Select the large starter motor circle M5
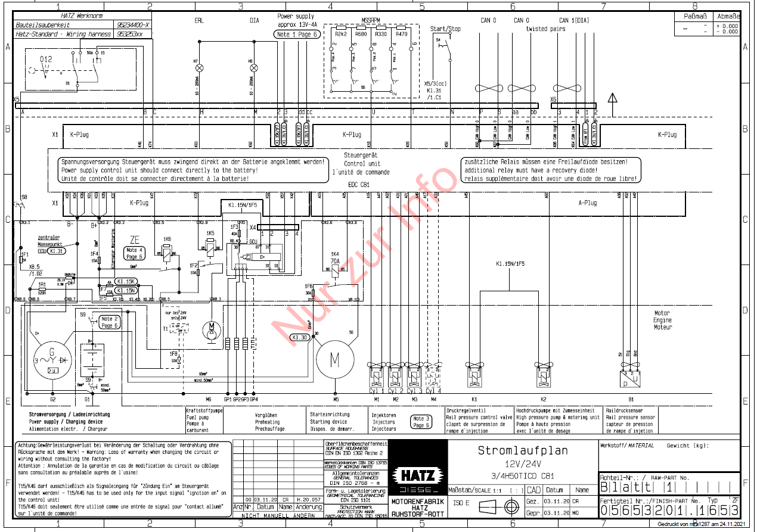tap(335, 359)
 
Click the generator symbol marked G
tap(52, 360)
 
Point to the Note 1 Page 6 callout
tap(296, 35)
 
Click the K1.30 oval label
tap(300, 338)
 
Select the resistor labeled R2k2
tap(342, 35)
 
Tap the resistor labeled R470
tap(401, 35)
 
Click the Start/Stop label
tap(445, 28)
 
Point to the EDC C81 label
tap(359, 185)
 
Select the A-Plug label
tap(587, 203)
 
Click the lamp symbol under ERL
tap(199, 68)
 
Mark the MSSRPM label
tap(371, 20)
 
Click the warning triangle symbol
tap(612, 98)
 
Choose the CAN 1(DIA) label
tap(574, 20)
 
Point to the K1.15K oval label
tap(126, 281)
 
